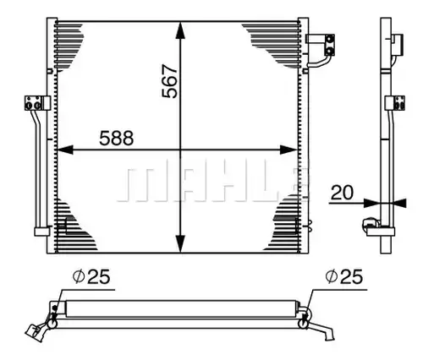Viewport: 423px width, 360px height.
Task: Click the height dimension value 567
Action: tap(170, 82)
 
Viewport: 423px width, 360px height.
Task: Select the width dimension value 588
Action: tap(117, 138)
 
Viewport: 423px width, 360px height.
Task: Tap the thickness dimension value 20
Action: tap(342, 193)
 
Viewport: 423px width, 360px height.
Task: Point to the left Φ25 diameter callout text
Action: tap(91, 276)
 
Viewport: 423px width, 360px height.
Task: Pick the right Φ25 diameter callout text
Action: tap(343, 276)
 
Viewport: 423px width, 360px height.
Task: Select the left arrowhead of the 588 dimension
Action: tap(65, 150)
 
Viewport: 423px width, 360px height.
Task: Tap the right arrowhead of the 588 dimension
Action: tap(289, 150)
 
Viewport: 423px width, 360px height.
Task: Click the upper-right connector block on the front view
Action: tap(321, 45)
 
